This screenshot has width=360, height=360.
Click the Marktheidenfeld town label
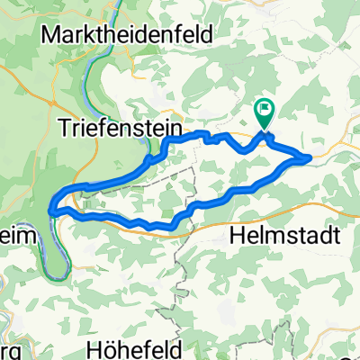125,35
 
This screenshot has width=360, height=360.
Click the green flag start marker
264,113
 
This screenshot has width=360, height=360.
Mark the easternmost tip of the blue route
310,157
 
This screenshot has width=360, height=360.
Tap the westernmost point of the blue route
52,210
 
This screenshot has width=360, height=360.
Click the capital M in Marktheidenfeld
49,35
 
